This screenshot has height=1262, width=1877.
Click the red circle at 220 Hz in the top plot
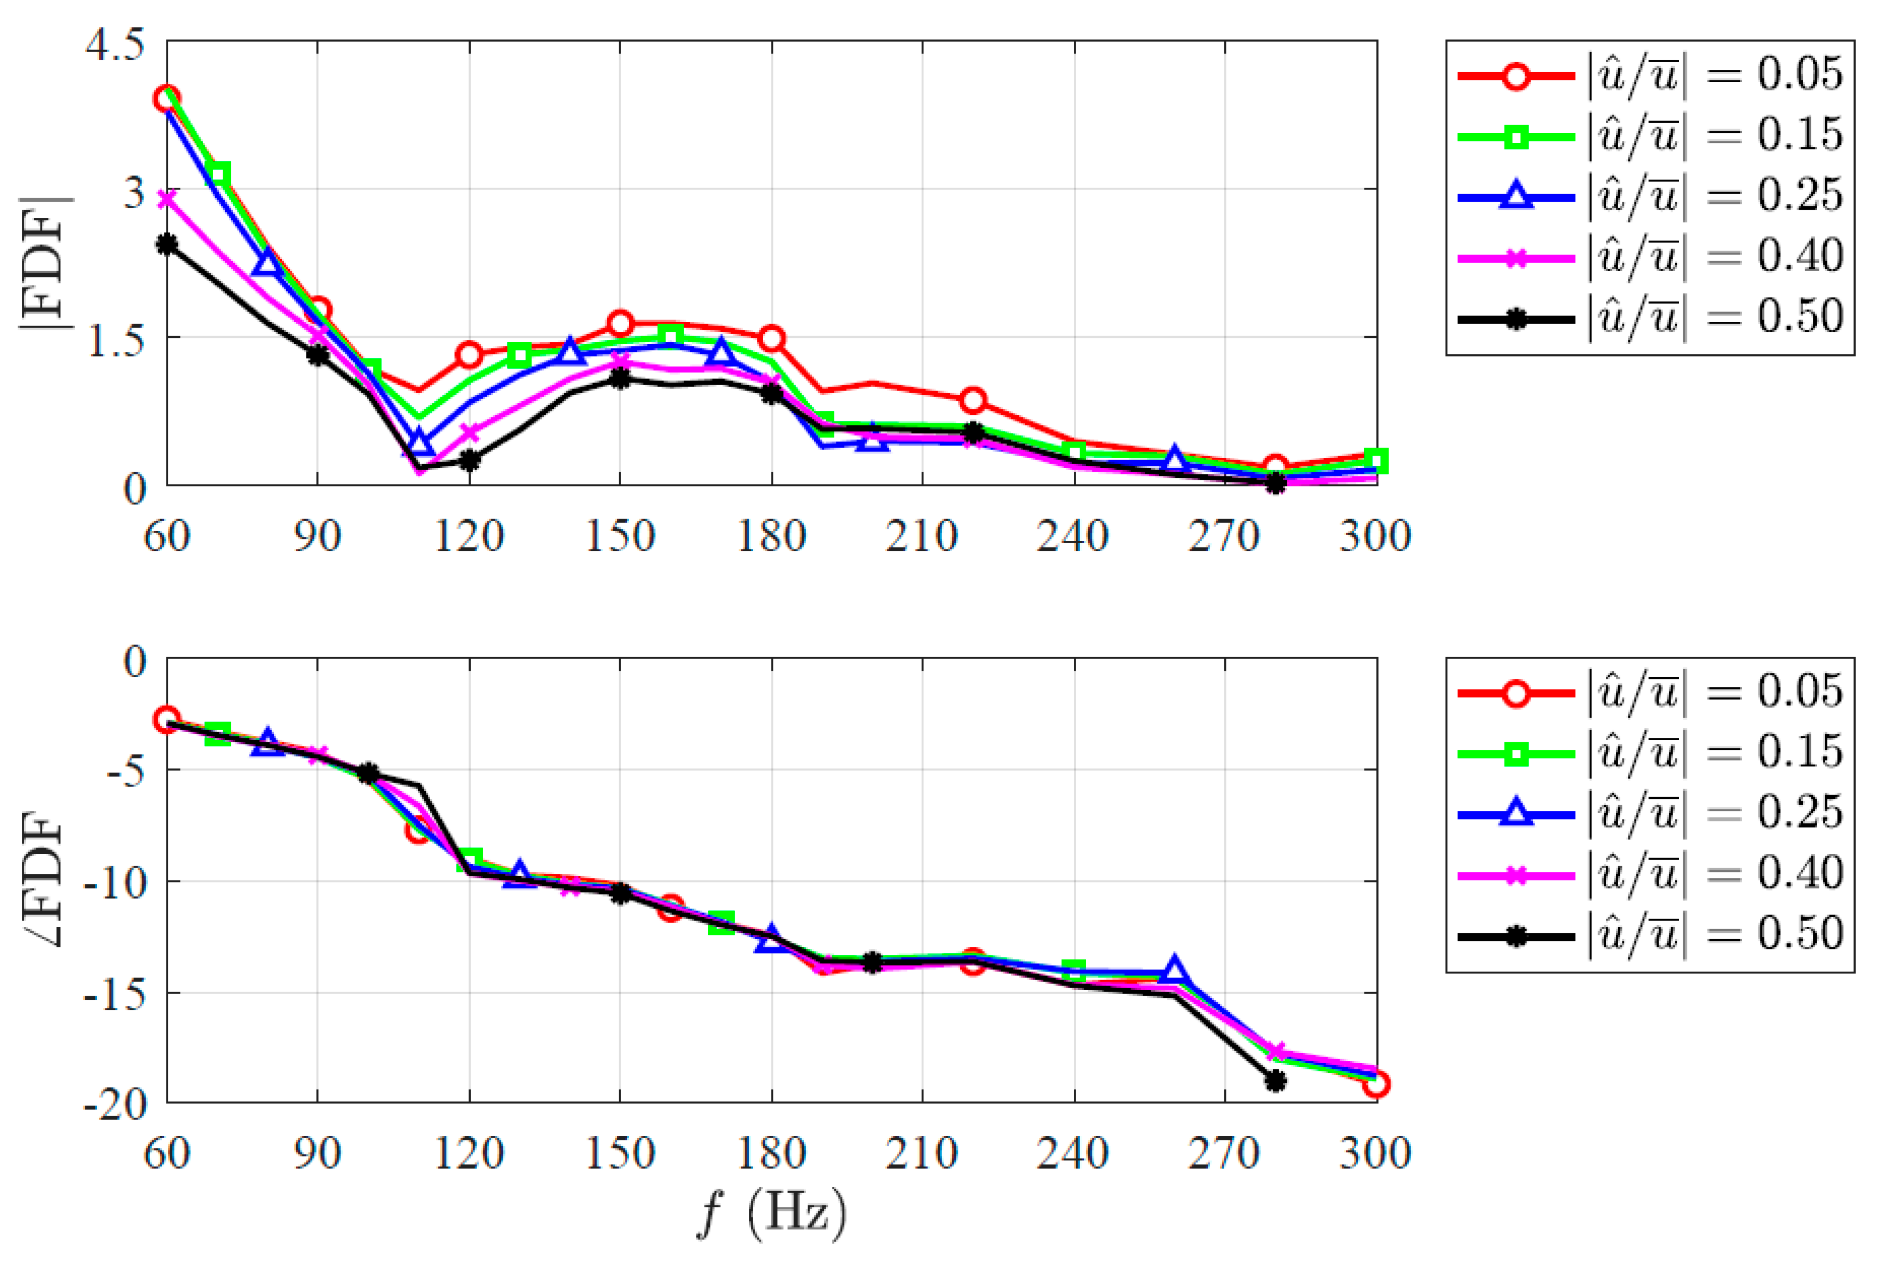[x=973, y=400]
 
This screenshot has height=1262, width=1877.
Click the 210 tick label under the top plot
[x=922, y=536]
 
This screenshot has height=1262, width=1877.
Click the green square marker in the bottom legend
[x=1516, y=754]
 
